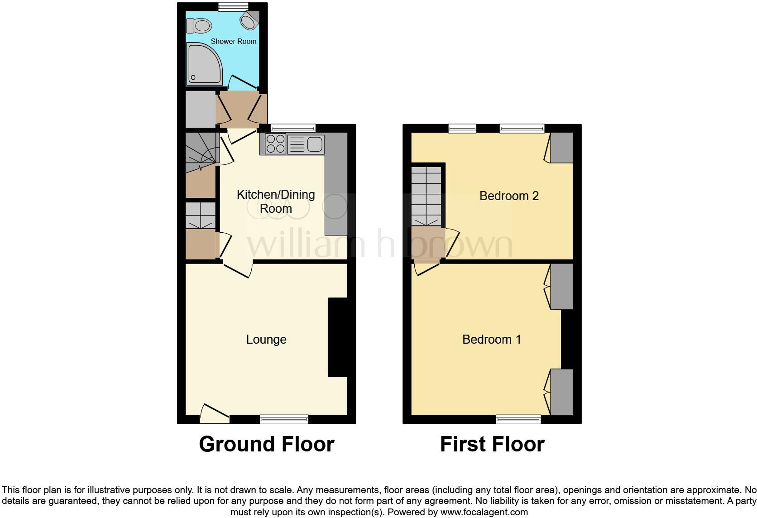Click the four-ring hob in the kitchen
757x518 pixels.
275,144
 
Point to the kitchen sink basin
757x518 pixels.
314,144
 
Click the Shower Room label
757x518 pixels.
234,41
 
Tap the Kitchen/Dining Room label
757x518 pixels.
276,201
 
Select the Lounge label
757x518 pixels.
266,340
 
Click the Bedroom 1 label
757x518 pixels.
491,340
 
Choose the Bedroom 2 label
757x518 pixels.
509,196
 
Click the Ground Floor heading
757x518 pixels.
266,444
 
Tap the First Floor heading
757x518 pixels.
492,444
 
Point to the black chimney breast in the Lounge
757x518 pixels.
337,337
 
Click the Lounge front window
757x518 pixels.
284,419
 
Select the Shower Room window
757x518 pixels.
233,6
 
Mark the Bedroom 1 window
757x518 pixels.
518,419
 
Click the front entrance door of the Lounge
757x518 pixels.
214,414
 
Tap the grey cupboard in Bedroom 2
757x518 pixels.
561,148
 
